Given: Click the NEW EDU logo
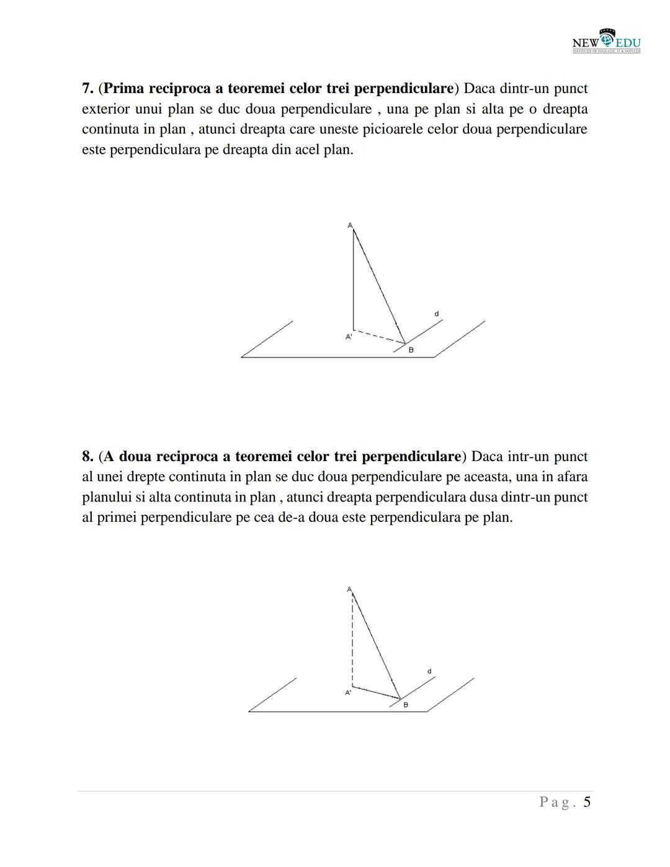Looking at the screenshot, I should coord(607,41).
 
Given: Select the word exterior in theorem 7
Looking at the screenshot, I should coord(105,109).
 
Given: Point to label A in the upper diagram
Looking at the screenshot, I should coord(350,225).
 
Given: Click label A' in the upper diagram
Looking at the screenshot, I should coord(349,337).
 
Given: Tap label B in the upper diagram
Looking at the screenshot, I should coord(411,350).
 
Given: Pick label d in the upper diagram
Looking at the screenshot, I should coord(437,314).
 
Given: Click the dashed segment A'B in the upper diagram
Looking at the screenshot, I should coord(379,336).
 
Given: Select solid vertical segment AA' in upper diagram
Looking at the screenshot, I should coord(354,279).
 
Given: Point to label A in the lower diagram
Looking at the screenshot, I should coord(349,589).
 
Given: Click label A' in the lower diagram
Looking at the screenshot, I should coord(348,693).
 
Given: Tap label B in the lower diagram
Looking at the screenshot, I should coord(406,705).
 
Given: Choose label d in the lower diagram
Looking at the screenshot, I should coord(429,672).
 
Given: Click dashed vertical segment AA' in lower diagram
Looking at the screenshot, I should coord(352,639).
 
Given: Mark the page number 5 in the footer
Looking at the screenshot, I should coord(586,802).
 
